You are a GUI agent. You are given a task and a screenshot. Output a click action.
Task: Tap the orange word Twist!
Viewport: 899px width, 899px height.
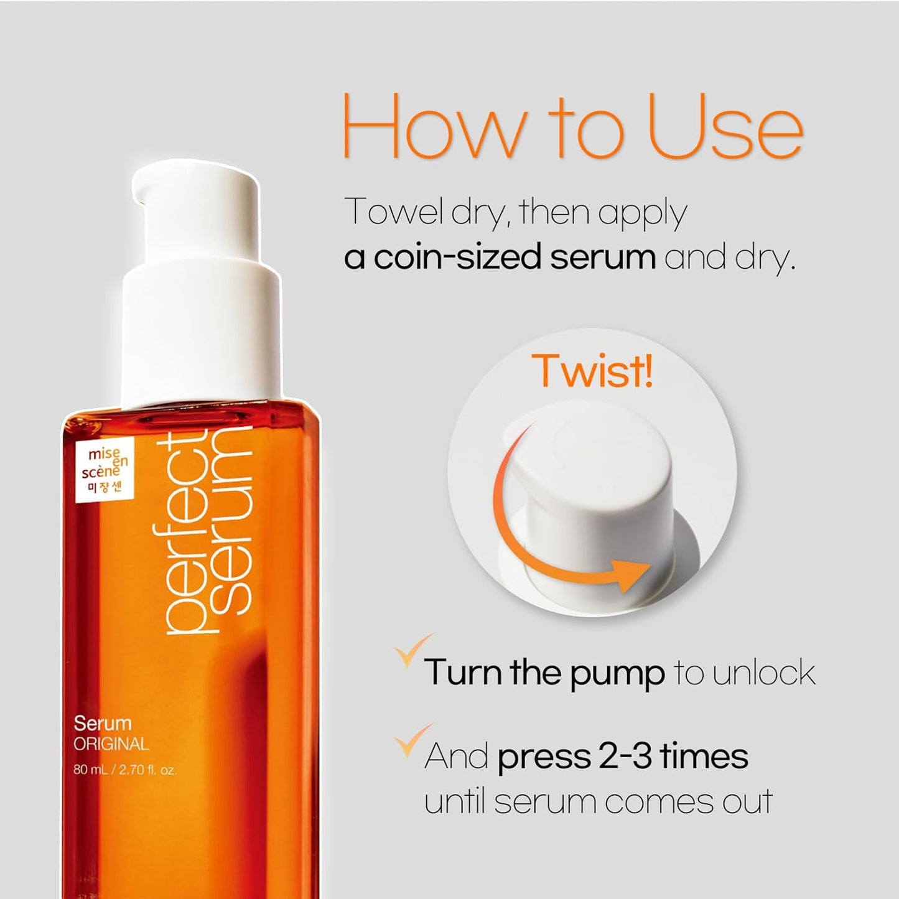[x=592, y=371]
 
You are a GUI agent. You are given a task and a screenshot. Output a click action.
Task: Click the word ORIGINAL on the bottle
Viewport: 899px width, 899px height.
[x=111, y=744]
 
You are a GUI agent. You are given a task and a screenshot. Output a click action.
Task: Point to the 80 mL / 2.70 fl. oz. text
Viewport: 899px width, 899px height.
[x=125, y=770]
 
